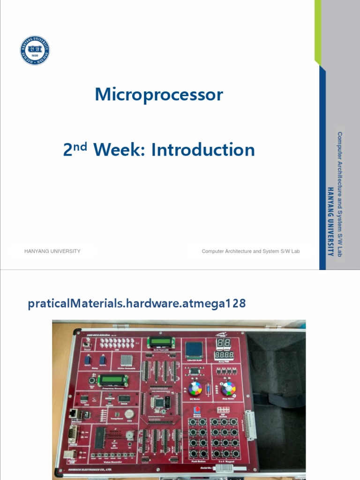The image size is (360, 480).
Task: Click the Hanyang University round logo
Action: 35,51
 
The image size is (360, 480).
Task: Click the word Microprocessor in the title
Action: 159,95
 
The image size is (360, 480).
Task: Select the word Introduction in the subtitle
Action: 203,150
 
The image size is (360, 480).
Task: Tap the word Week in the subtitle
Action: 120,150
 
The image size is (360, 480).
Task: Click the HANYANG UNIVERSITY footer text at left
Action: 52,251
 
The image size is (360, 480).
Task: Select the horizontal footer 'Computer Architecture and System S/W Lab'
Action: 250,251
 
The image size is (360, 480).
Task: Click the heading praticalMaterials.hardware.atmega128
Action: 137,304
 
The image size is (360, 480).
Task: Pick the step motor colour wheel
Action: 228,389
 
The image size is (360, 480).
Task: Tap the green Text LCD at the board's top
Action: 161,343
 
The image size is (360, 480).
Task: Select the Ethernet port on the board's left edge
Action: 74,413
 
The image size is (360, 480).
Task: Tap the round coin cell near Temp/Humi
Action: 129,413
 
